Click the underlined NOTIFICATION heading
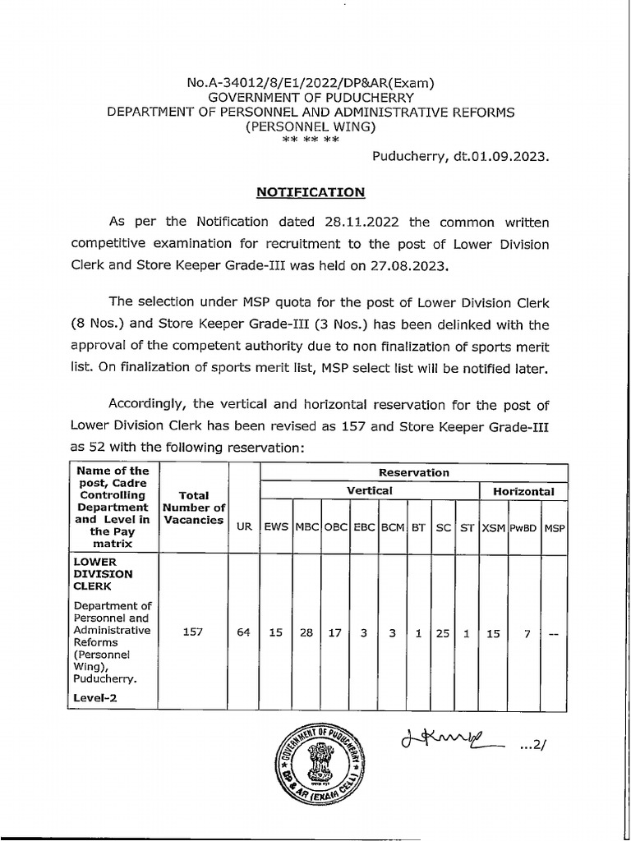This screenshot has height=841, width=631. pos(310,191)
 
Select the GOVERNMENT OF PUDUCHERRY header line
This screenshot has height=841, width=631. pos(310,96)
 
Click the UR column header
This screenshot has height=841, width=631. pos(244,527)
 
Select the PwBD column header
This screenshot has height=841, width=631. pos(523,527)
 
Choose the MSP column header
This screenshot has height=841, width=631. pos(555,527)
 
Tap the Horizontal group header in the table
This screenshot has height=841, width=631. pos(523,491)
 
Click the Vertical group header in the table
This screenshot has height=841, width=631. pos(369,491)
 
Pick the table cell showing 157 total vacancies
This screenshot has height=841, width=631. pos(194,633)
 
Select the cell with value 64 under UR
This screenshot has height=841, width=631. pos(244,633)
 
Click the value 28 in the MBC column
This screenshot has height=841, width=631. pos(306,633)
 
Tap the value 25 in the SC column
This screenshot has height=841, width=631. pos(444,633)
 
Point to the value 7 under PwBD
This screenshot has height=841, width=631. pos(523,633)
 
